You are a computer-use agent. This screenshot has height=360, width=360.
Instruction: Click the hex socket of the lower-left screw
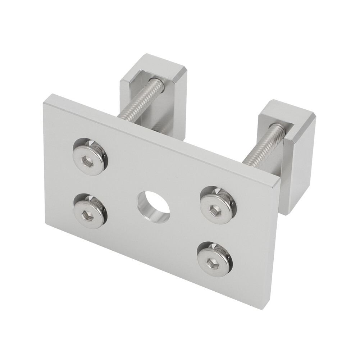click(x=87, y=216)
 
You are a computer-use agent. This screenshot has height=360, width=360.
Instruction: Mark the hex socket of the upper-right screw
click(x=215, y=210)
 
